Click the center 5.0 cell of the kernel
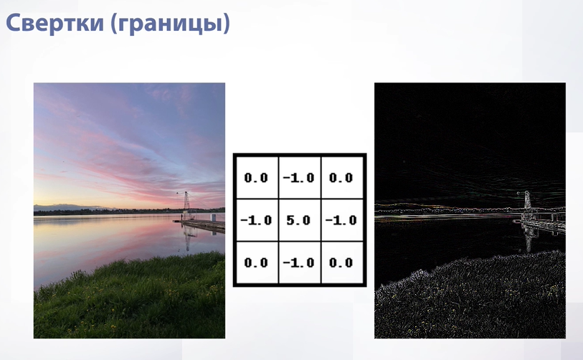(299, 220)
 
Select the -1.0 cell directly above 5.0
(299, 177)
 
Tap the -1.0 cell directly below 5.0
(299, 262)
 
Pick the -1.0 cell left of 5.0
(257, 220)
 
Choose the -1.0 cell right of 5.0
(342, 220)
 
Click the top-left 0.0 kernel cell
(257, 177)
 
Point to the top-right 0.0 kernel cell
(342, 177)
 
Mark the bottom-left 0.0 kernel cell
(257, 262)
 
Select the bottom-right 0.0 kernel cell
(342, 262)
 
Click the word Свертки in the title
(55, 22)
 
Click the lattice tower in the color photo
(186, 205)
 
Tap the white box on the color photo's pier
(213, 218)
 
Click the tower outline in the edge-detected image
(527, 204)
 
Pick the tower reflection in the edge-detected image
(529, 238)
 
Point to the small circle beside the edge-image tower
(518, 193)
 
